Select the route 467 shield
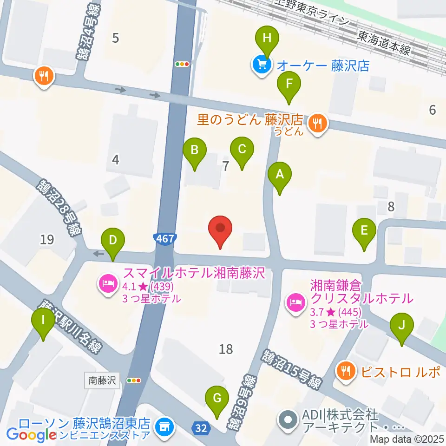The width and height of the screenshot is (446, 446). pyautogui.click(x=165, y=239)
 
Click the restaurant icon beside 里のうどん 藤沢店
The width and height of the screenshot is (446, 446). pyautogui.click(x=318, y=123)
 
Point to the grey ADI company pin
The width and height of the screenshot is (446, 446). pyautogui.click(x=287, y=419)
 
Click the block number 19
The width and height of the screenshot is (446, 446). pyautogui.click(x=47, y=240)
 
